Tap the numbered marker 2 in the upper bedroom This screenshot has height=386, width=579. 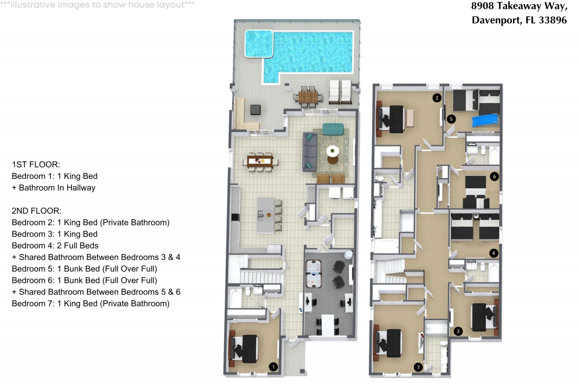(437, 98)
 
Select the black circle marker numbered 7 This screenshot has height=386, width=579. (418, 366)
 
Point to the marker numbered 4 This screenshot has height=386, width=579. (493, 253)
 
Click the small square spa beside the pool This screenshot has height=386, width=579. (259, 43)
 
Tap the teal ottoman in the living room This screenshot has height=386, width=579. (333, 128)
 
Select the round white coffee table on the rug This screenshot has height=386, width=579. (332, 152)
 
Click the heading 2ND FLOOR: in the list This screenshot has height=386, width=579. (36, 211)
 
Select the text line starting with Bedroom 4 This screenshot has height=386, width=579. (55, 245)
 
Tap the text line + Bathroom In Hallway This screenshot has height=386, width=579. (53, 188)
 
